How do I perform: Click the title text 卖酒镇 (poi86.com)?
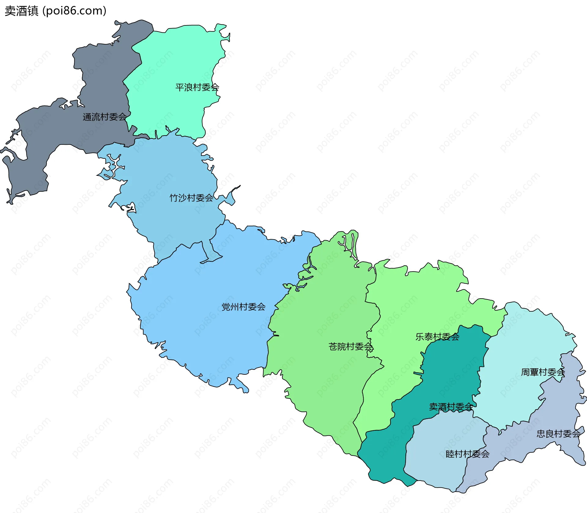[x=55, y=11]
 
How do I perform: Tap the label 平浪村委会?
[x=197, y=87]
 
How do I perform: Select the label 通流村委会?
[x=105, y=117]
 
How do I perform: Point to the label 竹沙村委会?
[x=191, y=198]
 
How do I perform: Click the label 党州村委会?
[x=243, y=307]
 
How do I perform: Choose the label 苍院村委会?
[x=351, y=347]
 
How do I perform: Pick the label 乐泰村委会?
[x=437, y=337]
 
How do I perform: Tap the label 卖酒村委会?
[x=451, y=407]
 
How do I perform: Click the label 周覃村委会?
[x=543, y=372]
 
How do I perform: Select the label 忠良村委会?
[x=558, y=434]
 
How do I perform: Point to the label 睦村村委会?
[x=467, y=454]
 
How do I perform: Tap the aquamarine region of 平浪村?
[x=171, y=61]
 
